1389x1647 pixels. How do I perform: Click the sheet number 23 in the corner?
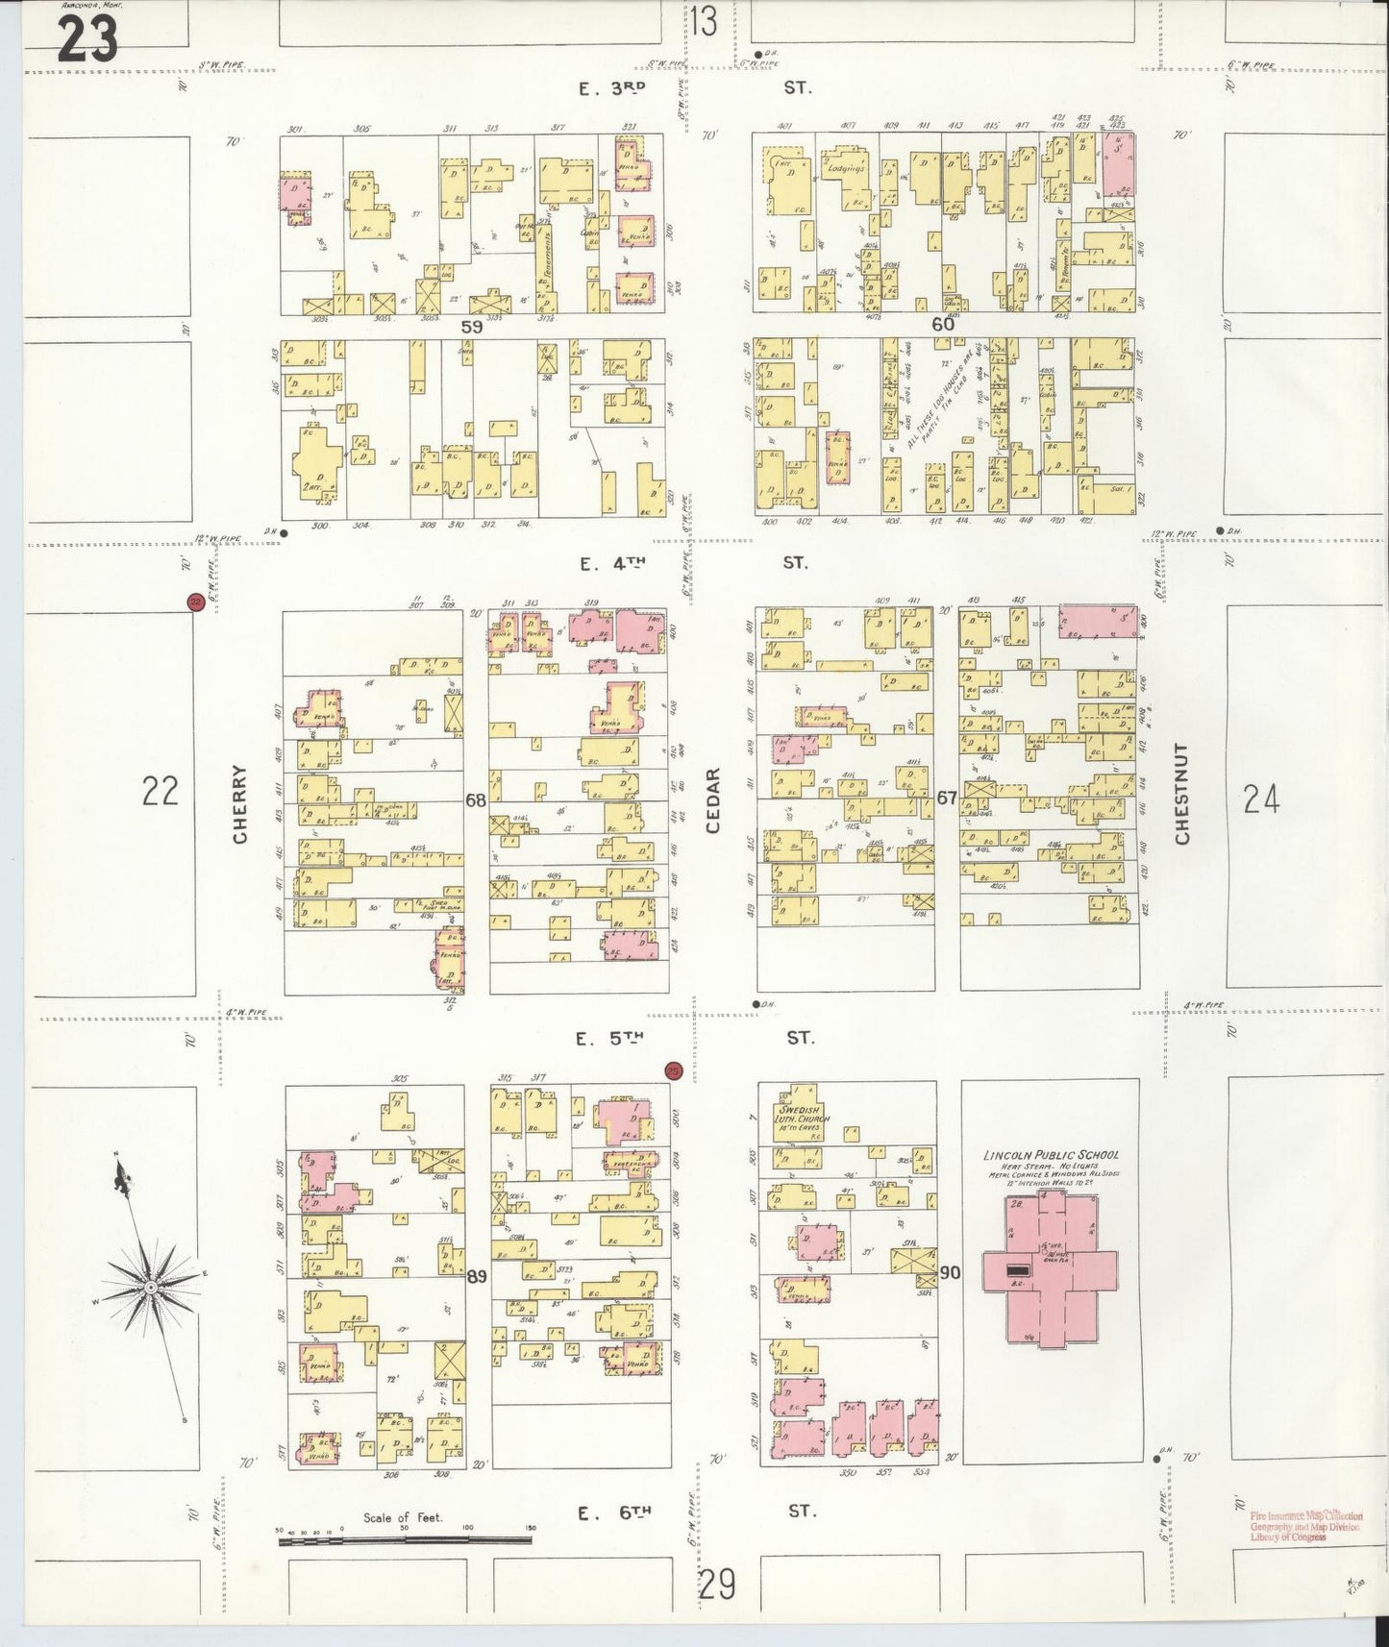click(x=87, y=38)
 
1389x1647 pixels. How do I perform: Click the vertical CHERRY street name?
click(x=240, y=803)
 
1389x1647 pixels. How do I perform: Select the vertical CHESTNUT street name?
click(x=1181, y=794)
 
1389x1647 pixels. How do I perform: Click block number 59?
click(x=471, y=327)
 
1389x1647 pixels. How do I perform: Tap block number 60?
click(x=943, y=325)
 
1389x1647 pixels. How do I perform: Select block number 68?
click(x=475, y=799)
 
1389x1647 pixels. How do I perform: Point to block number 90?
click(x=950, y=1273)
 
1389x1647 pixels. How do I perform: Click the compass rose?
click(x=151, y=1285)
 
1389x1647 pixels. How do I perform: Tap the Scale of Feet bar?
click(x=404, y=1540)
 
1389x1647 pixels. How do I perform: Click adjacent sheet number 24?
click(x=1260, y=798)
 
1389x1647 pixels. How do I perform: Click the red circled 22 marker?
click(x=195, y=602)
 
